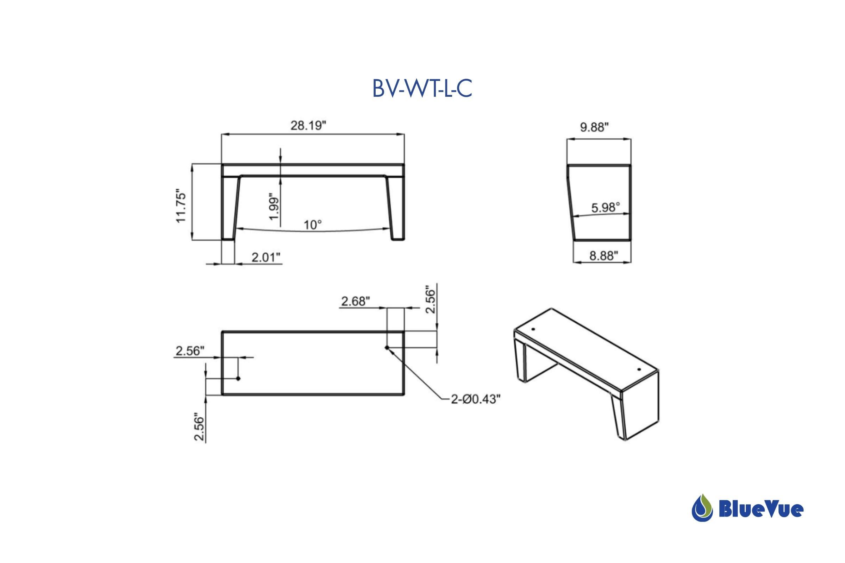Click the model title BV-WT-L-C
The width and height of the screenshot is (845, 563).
422,89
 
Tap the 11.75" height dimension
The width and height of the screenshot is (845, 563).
181,207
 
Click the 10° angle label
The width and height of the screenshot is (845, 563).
313,225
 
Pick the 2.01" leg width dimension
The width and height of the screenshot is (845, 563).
265,257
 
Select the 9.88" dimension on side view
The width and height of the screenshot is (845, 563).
594,127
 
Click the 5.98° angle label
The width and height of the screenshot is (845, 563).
606,207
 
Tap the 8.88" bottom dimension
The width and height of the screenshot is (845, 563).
603,256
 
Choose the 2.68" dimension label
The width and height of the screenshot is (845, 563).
355,301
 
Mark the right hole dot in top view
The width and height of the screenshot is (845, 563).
387,348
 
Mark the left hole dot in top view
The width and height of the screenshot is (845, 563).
238,379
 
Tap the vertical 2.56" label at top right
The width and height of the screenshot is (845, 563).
430,299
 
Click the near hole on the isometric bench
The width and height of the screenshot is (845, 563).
639,369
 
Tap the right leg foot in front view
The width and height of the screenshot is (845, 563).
398,238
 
